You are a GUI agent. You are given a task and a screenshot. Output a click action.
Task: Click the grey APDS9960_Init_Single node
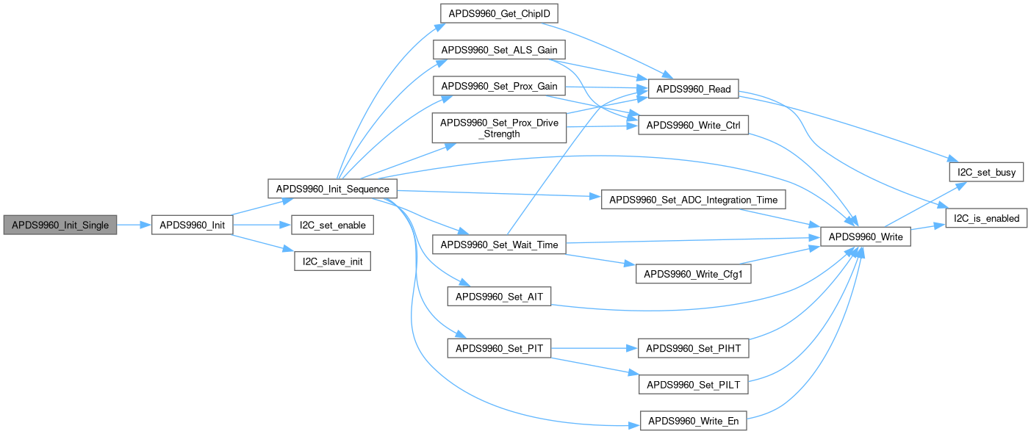pyautogui.click(x=60, y=225)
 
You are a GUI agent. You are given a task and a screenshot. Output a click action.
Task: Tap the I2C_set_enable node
pyautogui.click(x=332, y=225)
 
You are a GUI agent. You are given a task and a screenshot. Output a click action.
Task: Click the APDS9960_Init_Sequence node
pyautogui.click(x=332, y=189)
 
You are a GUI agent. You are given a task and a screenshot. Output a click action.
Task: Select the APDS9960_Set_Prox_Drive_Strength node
pyautogui.click(x=499, y=128)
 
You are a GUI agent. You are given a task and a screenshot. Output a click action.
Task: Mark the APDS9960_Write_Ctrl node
pyautogui.click(x=694, y=126)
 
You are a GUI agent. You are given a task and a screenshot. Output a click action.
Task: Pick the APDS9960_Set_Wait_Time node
pyautogui.click(x=498, y=245)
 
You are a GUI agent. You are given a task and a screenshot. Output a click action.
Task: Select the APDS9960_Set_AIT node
pyautogui.click(x=499, y=297)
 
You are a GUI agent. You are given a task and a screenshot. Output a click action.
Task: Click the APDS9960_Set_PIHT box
pyautogui.click(x=694, y=348)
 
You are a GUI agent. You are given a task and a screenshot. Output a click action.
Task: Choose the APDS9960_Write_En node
pyautogui.click(x=694, y=421)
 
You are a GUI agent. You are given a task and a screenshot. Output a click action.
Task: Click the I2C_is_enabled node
pyautogui.click(x=985, y=218)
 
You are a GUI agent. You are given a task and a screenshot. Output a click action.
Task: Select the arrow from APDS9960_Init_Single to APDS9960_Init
pyautogui.click(x=133, y=225)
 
